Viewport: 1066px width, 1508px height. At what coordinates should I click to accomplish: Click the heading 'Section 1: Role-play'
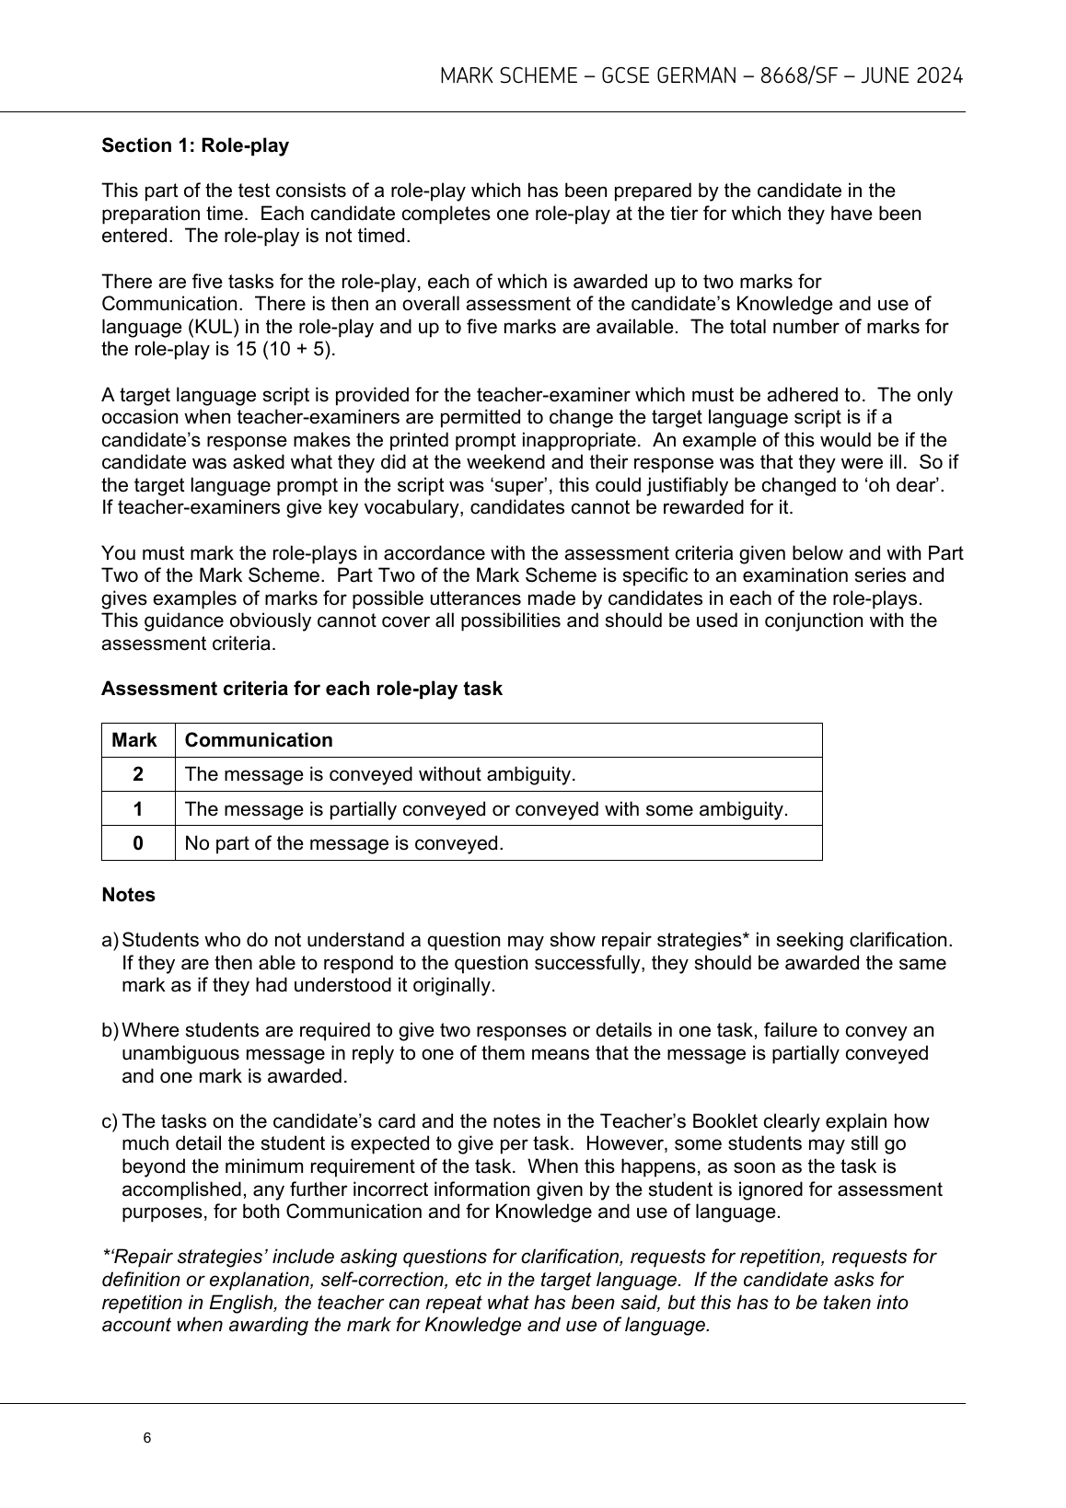[195, 145]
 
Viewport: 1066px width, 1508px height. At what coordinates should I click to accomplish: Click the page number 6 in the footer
[147, 1438]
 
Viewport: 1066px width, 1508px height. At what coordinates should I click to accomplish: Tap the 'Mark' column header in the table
[134, 740]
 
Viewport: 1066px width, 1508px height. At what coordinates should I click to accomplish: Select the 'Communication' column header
[259, 740]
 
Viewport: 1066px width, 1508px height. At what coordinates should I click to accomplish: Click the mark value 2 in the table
[138, 774]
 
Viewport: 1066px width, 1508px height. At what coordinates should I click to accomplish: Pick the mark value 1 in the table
[138, 809]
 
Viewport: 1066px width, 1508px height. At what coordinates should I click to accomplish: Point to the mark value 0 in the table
[138, 843]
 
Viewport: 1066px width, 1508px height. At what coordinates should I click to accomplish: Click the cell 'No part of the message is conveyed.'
[344, 843]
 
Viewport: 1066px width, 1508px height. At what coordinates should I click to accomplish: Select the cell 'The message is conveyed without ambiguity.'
[380, 774]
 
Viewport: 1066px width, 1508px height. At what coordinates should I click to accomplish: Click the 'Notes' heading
[128, 895]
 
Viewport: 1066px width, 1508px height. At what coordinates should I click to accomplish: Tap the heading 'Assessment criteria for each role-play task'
[302, 689]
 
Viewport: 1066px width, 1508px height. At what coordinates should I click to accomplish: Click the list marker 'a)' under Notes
[110, 940]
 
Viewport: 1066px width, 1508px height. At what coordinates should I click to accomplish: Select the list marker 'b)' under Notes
[110, 1030]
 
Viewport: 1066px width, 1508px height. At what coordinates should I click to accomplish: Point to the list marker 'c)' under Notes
[110, 1121]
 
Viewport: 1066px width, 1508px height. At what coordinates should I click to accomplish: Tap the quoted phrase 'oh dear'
[899, 485]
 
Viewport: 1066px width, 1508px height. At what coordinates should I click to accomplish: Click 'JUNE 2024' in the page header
[911, 76]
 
